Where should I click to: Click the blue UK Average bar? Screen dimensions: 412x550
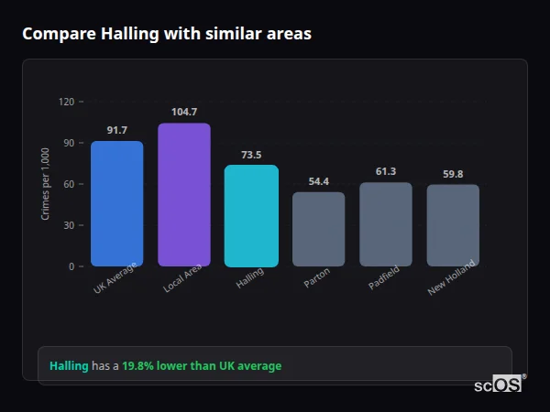pos(116,203)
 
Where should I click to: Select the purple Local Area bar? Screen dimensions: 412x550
pos(184,194)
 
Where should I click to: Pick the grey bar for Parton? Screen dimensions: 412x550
pos(319,229)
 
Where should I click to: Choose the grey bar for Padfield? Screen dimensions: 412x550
pos(386,224)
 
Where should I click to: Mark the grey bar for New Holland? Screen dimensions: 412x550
pos(453,225)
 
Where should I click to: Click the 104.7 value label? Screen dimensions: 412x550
pos(184,112)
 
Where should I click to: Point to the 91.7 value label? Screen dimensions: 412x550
pos(116,130)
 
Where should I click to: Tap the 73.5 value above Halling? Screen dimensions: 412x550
pos(251,155)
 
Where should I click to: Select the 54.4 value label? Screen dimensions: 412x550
pos(319,181)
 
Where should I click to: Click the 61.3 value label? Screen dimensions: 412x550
pos(386,171)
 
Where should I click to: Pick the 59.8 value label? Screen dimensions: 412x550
pos(453,174)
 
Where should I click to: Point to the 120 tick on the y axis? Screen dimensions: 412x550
pos(66,102)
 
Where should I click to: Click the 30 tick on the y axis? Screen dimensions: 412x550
pos(69,225)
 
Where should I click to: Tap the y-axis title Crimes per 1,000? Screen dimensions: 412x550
pos(46,184)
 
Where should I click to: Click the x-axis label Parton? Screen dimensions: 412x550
pos(316,277)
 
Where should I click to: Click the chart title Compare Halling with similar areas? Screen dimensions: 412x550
pos(167,34)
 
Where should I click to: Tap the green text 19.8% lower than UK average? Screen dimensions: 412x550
pos(202,366)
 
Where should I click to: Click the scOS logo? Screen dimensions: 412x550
pos(498,385)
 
